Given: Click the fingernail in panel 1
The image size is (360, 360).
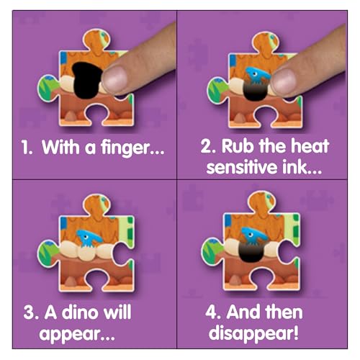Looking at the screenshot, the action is point(114,80).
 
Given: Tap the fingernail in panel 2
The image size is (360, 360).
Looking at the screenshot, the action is point(284,82).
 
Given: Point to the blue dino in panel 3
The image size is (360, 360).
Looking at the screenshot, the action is point(89,238).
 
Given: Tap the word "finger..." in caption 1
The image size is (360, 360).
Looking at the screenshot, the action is point(132,148).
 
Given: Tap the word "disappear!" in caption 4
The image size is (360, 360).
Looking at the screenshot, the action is point(253,333).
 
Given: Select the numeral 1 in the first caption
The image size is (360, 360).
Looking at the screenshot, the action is point(25,148).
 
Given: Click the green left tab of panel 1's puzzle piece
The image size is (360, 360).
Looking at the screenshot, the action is point(48,88).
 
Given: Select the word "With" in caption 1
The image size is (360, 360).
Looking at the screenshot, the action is point(60,147).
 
